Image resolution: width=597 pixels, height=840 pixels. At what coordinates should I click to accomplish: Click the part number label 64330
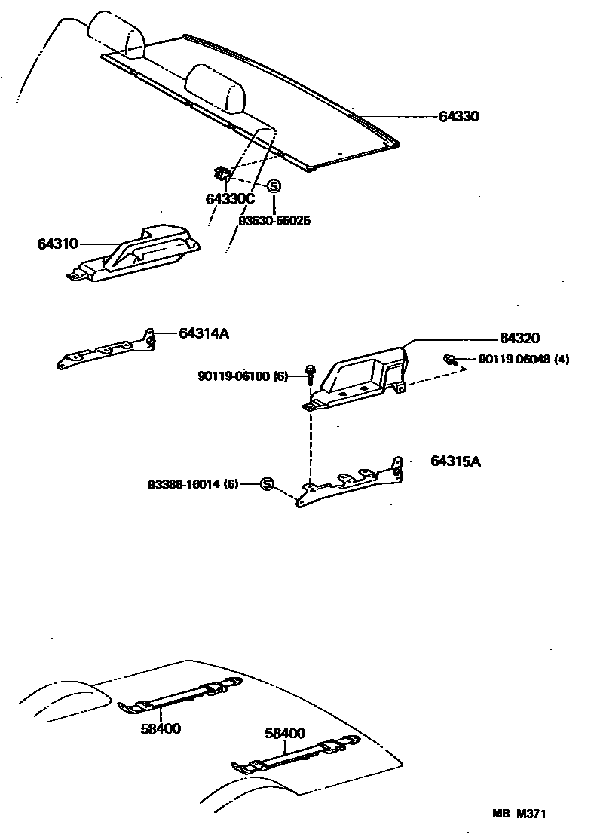coord(459,117)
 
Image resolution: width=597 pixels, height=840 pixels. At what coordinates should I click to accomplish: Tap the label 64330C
coord(230,199)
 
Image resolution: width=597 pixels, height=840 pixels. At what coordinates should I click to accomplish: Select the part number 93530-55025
coord(274,221)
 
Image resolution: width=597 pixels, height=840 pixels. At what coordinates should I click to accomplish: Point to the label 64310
coord(57,244)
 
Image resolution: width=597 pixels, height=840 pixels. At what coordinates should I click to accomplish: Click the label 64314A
coord(203,333)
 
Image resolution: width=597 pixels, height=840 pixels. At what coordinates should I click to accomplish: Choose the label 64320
coord(519,339)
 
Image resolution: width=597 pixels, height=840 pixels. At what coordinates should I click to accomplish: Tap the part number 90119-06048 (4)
coord(524,360)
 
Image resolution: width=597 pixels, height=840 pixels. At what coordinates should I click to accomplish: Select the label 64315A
coord(455,461)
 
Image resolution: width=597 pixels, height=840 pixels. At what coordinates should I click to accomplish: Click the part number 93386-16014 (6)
coord(193,485)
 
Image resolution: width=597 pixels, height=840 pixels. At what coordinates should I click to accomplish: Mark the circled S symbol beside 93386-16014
coord(266,484)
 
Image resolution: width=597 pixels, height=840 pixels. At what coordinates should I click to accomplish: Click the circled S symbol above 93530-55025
coord(274,186)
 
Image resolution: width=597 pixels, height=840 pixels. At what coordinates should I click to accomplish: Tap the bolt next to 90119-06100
coord(310,374)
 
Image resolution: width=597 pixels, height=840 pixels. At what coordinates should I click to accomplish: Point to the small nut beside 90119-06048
coord(449,359)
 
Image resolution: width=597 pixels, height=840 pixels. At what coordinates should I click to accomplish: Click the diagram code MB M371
coord(519,814)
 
